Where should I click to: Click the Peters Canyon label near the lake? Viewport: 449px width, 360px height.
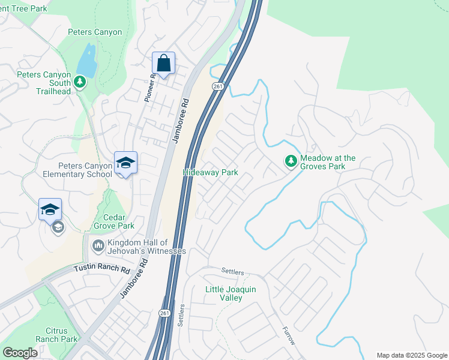coord(95,32)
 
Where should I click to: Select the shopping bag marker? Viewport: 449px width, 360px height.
coord(163,62)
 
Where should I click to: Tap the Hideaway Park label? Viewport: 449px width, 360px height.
coord(210,173)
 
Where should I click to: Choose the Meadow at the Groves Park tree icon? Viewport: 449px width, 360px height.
coord(291,161)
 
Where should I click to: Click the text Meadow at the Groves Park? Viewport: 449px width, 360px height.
coord(328,162)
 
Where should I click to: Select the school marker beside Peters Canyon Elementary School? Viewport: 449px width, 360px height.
coord(126,163)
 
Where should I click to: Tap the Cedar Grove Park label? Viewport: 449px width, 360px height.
coord(114,222)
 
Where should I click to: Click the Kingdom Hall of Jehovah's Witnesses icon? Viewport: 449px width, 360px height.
coord(98,245)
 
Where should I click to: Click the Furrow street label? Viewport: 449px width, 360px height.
coord(289,335)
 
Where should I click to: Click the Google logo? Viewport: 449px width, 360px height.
coord(20,353)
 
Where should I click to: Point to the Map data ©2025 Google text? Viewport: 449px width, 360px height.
coord(412,355)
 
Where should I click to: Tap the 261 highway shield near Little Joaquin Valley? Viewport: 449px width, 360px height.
coord(166,314)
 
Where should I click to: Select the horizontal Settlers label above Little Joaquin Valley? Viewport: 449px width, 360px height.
coord(234,272)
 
